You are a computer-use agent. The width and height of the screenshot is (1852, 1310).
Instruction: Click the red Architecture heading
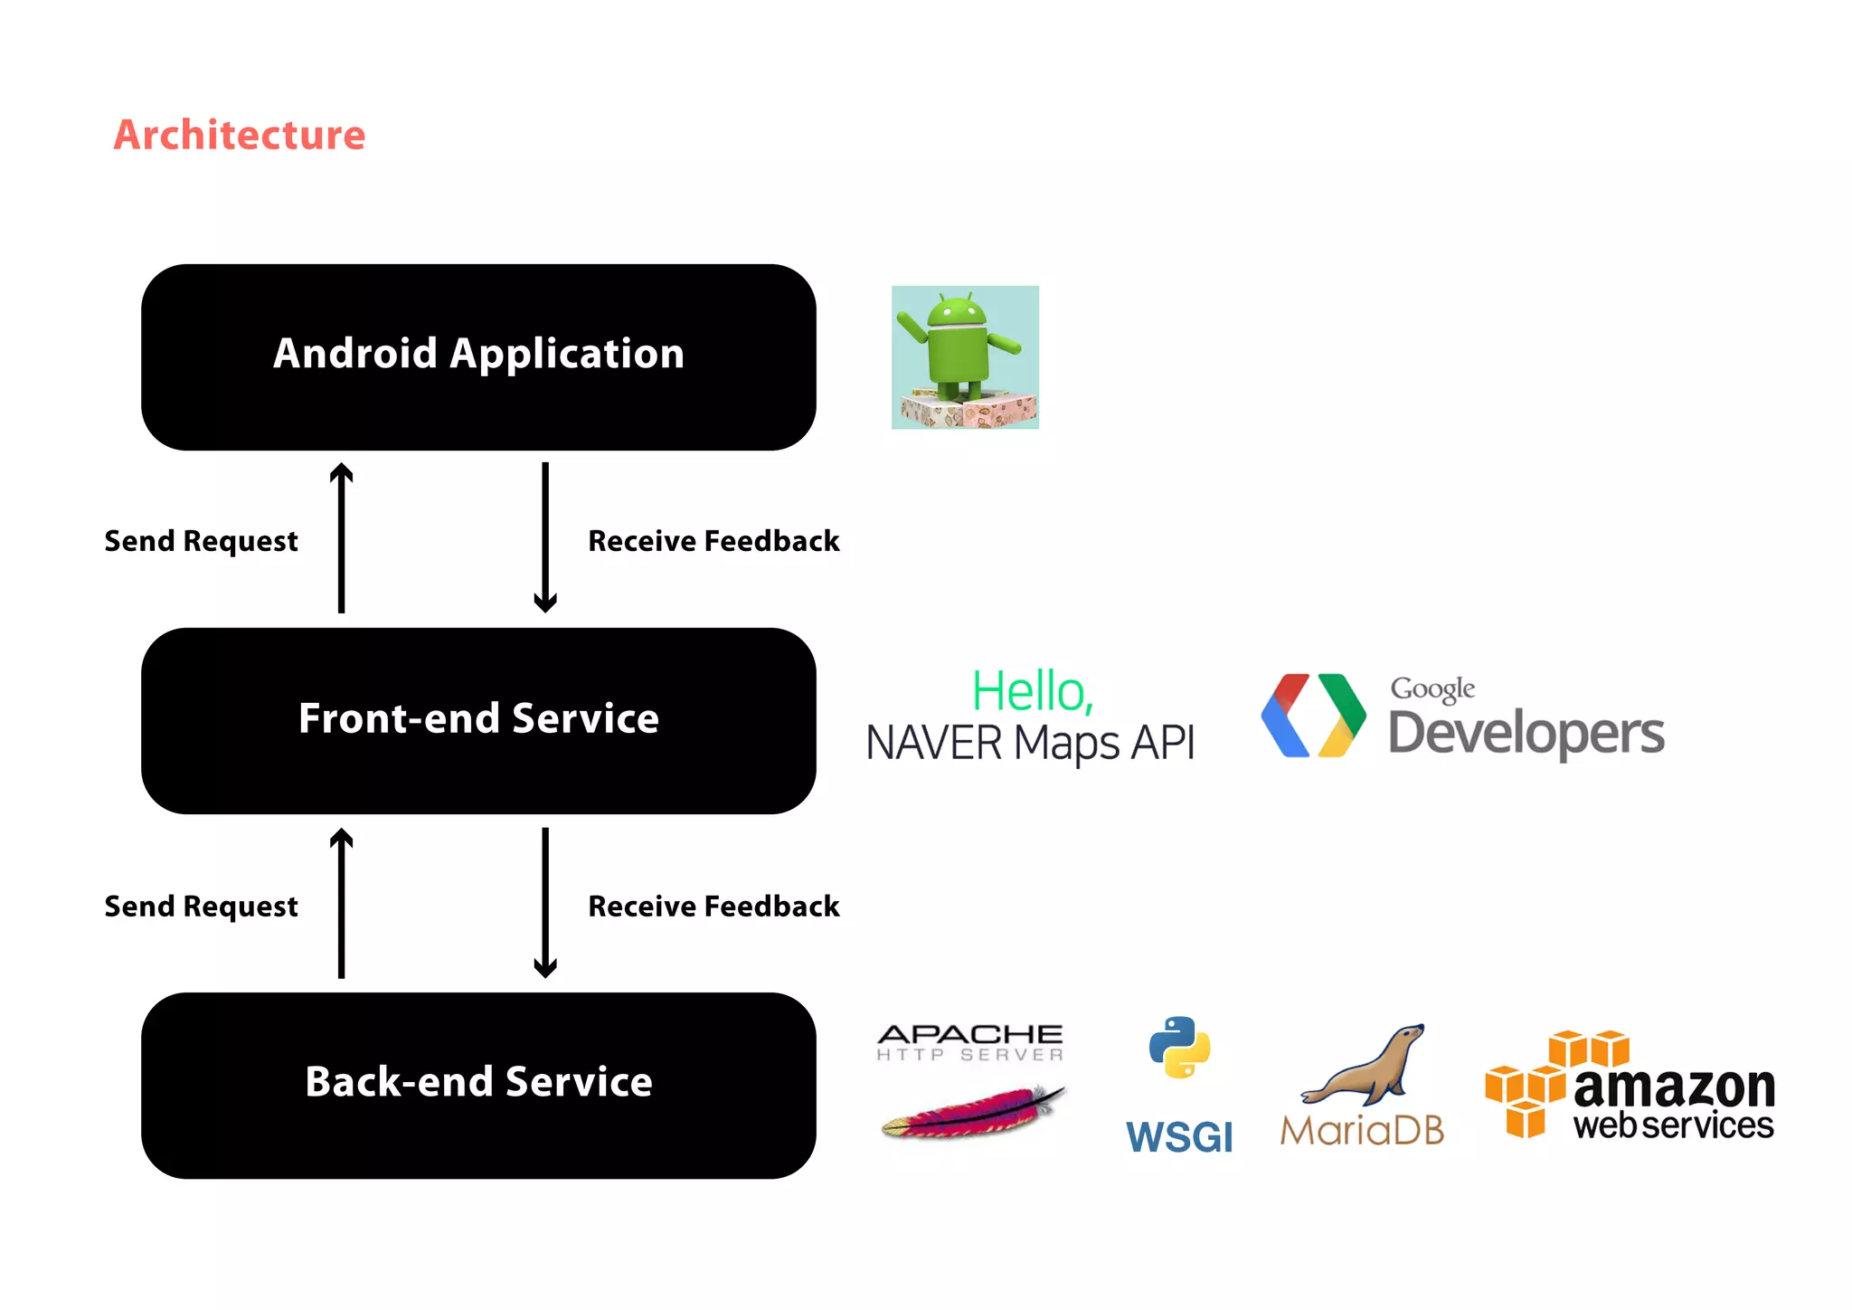click(x=240, y=135)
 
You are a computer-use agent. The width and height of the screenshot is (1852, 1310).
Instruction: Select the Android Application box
click(x=478, y=356)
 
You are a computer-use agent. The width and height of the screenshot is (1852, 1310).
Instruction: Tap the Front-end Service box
click(x=478, y=720)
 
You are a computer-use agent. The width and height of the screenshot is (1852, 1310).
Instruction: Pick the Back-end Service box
click(x=478, y=1084)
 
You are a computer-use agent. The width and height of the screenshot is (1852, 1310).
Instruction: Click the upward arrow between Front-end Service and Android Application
click(x=341, y=537)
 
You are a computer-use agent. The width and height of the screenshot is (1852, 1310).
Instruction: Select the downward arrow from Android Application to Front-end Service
click(x=545, y=537)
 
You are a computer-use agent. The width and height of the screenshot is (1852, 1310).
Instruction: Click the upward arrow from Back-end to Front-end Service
click(x=341, y=903)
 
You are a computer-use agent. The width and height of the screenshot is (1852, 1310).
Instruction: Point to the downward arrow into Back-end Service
click(x=545, y=903)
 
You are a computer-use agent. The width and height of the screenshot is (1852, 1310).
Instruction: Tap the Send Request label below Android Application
click(x=201, y=541)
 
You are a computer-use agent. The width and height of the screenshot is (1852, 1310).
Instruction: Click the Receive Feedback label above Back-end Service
click(x=713, y=907)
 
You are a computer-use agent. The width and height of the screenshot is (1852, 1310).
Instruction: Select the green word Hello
click(x=1032, y=692)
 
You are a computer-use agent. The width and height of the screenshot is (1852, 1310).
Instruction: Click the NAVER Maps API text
click(x=1030, y=744)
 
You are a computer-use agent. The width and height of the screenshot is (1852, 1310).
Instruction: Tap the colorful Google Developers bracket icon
click(x=1313, y=715)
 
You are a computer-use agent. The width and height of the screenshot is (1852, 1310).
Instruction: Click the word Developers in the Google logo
click(x=1526, y=733)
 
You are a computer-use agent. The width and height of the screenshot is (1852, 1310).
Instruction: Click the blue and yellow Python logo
click(x=1179, y=1048)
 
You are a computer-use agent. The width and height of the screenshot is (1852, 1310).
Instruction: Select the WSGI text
click(x=1179, y=1136)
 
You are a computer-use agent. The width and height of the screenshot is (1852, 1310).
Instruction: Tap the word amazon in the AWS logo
click(x=1674, y=1087)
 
